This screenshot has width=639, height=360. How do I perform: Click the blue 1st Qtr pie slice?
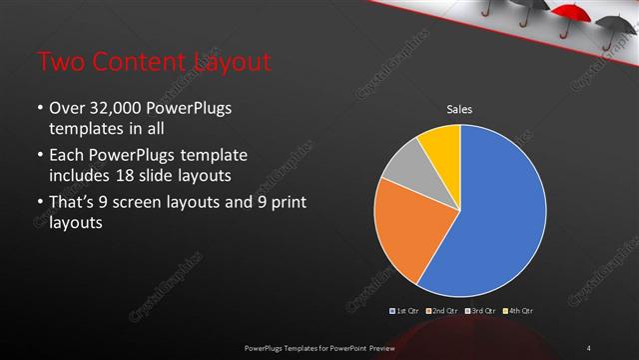[x=499, y=220]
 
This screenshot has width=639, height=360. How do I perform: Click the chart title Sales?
[x=459, y=109]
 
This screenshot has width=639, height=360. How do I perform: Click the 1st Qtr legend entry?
[x=404, y=311]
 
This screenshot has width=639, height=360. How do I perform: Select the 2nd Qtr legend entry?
[x=443, y=311]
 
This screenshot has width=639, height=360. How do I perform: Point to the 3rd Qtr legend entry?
[x=481, y=311]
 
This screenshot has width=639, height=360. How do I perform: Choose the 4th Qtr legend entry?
[x=519, y=311]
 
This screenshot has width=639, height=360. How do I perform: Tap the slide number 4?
[x=589, y=346]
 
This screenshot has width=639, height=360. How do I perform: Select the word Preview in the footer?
[x=378, y=346]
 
